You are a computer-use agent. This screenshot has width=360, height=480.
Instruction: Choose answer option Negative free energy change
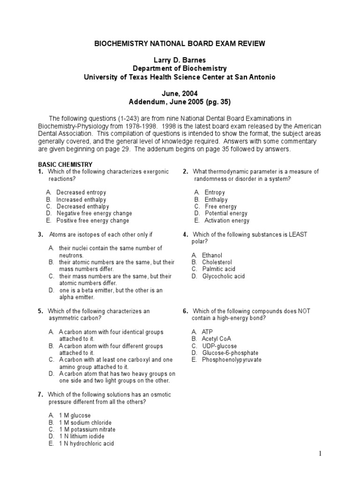[x=94, y=213]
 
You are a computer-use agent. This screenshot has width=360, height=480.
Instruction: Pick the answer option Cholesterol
[x=217, y=262]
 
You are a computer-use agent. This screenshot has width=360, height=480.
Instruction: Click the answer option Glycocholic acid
[x=223, y=276]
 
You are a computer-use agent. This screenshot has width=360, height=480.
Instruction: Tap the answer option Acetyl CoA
[x=216, y=338]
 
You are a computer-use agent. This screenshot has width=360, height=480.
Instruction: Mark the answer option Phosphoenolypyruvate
[x=232, y=360]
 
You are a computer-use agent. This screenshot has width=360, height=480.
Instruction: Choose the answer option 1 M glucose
[x=75, y=415]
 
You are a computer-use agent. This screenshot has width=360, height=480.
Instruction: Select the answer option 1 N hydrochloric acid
[x=86, y=443]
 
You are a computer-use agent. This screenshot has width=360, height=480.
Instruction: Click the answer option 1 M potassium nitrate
[x=87, y=429]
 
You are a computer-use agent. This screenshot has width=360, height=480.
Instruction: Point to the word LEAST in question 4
[x=298, y=234]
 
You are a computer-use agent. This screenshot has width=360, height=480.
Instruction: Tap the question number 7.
[x=41, y=395]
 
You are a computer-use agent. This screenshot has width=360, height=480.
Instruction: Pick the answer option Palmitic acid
[x=218, y=269]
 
